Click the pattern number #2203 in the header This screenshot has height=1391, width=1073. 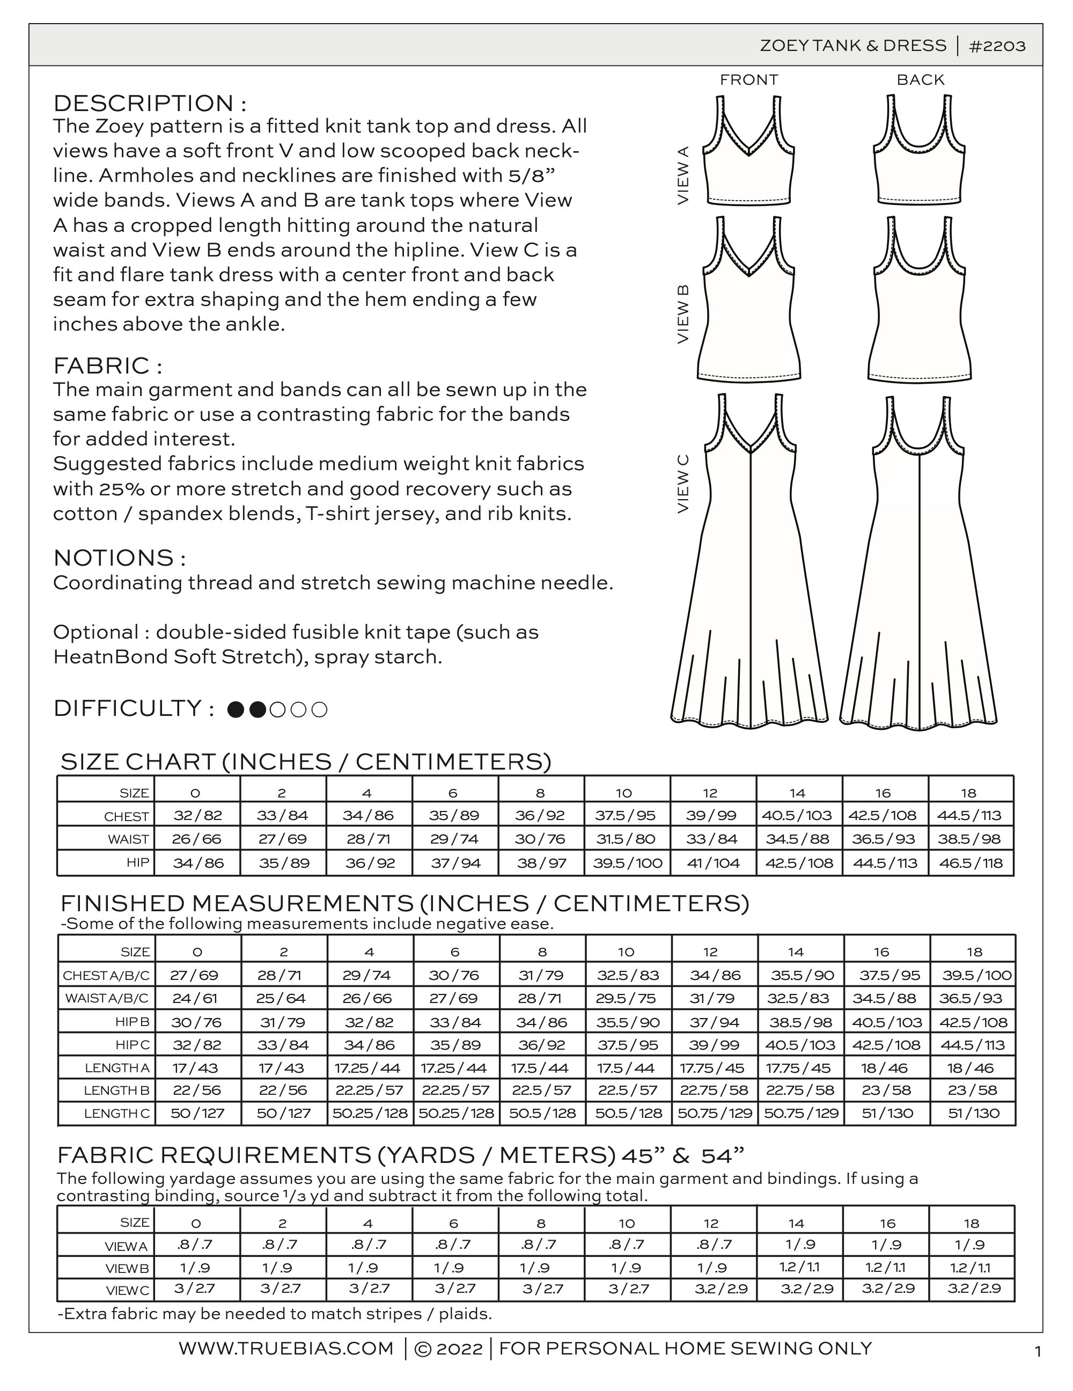pyautogui.click(x=997, y=46)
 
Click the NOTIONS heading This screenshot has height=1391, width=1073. pyautogui.click(x=119, y=558)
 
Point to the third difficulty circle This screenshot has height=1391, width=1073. pyautogui.click(x=278, y=709)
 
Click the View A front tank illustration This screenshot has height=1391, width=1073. pyautogui.click(x=749, y=153)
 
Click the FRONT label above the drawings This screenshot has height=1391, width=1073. pyautogui.click(x=749, y=79)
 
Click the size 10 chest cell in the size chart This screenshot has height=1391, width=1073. pyautogui.click(x=627, y=815)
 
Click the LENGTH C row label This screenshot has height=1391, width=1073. pyautogui.click(x=116, y=1114)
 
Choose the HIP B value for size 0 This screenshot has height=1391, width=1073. pyautogui.click(x=197, y=1022)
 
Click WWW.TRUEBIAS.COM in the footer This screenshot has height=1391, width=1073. pyautogui.click(x=286, y=1348)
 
